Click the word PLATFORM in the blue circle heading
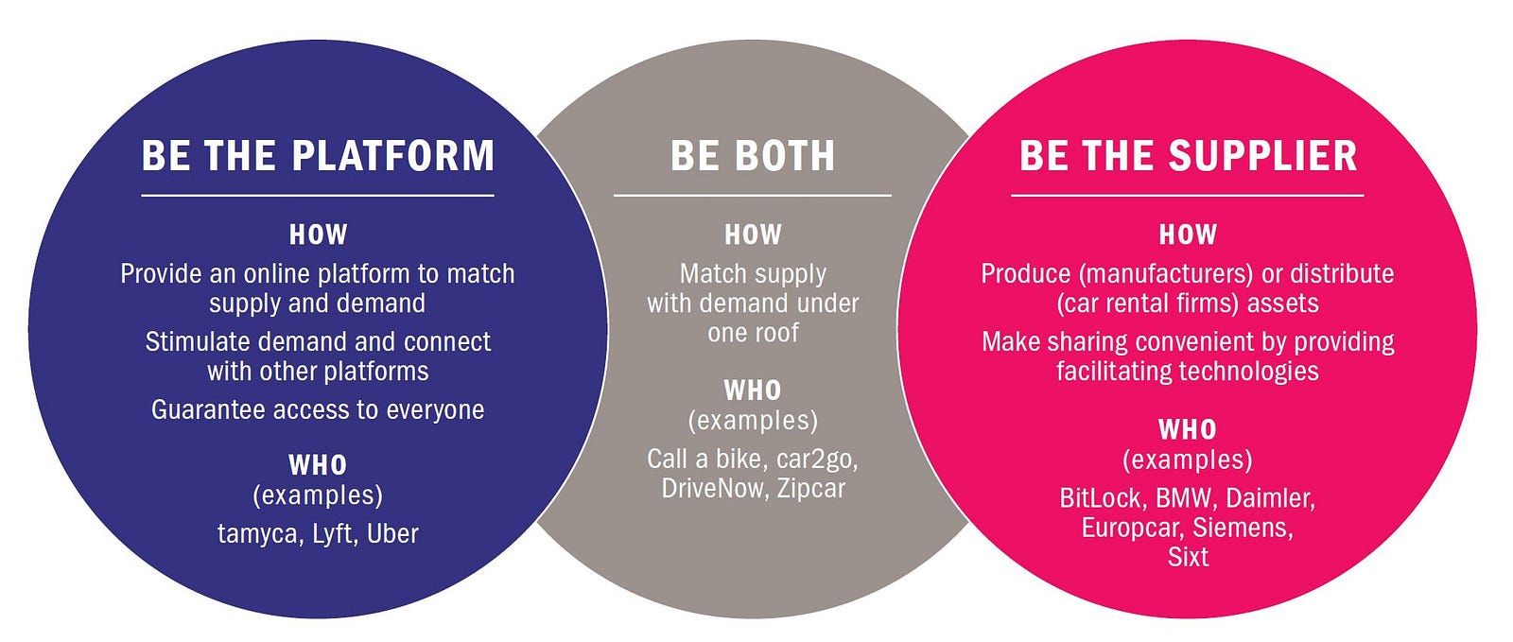(x=393, y=156)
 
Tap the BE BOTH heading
(x=753, y=156)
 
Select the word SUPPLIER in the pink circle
(x=1262, y=156)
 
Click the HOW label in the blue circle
(x=318, y=234)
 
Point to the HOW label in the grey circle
(x=753, y=234)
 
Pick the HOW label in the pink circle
(x=1188, y=234)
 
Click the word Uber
(x=392, y=534)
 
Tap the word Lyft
(x=334, y=534)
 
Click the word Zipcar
(x=810, y=489)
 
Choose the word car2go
(x=817, y=460)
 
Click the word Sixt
(x=1188, y=557)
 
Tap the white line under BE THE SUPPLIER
(x=1188, y=196)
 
